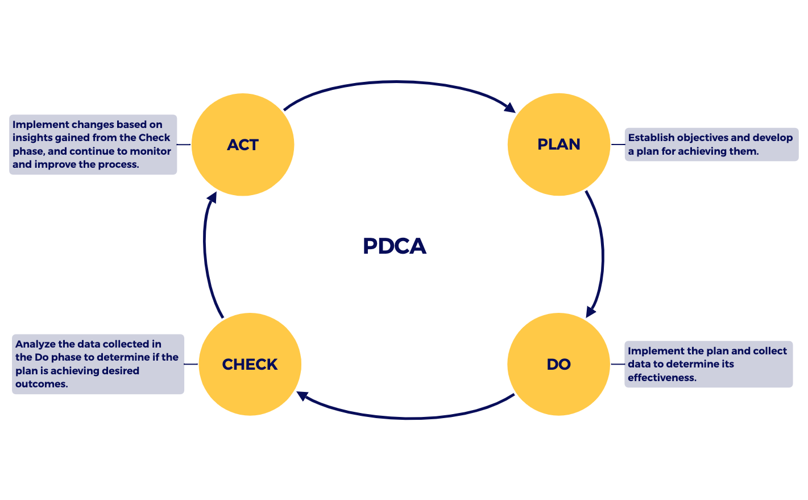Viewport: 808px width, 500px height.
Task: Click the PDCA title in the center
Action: tap(395, 246)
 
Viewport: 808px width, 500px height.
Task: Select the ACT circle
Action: tap(243, 145)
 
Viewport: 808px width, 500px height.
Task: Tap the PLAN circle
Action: tap(558, 144)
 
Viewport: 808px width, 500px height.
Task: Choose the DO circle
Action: tap(558, 364)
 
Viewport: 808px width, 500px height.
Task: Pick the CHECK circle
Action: tap(250, 364)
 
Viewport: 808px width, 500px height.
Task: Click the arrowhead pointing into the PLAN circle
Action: tap(509, 108)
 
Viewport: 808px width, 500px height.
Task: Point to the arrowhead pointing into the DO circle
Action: tap(591, 311)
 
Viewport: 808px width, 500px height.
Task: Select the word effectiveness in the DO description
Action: tap(662, 378)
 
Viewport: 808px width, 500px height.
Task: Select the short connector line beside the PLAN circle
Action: tap(618, 144)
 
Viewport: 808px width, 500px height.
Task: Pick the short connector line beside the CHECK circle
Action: tap(191, 364)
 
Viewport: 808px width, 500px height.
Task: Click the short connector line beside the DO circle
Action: tap(618, 364)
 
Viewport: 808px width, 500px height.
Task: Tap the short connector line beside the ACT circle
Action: tap(184, 144)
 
